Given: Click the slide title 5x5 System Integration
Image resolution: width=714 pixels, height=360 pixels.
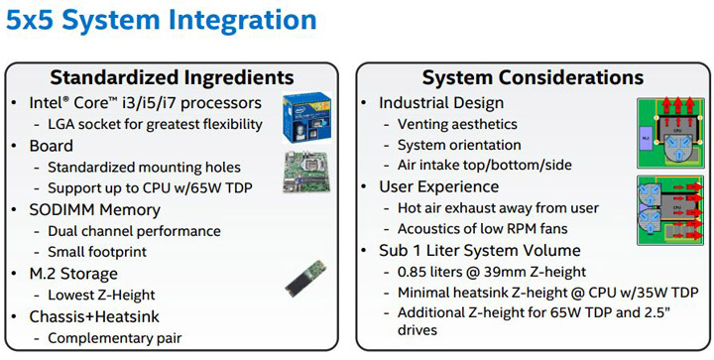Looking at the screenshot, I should tap(162, 21).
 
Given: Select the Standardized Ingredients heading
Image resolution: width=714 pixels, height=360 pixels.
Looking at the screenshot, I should tap(172, 76).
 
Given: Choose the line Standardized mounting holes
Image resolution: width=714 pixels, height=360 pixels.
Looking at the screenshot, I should tap(144, 168).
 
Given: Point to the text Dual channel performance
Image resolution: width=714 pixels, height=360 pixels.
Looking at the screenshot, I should tap(134, 231).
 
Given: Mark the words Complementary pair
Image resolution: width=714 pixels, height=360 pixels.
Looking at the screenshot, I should tap(115, 337).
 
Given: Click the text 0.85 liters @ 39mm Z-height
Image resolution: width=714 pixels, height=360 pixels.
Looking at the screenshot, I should tap(493, 272).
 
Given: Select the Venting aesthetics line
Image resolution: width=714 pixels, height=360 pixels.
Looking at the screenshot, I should tap(457, 124).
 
